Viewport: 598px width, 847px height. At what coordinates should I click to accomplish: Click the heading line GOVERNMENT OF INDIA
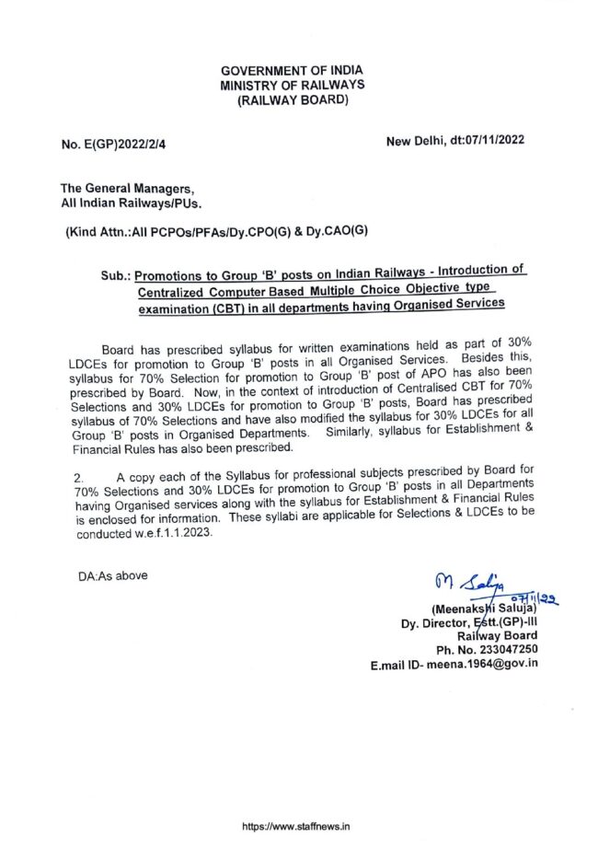(x=292, y=70)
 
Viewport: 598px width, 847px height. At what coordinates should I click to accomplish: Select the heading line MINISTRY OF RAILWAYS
(x=292, y=85)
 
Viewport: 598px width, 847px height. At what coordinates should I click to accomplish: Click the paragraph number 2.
(x=80, y=478)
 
